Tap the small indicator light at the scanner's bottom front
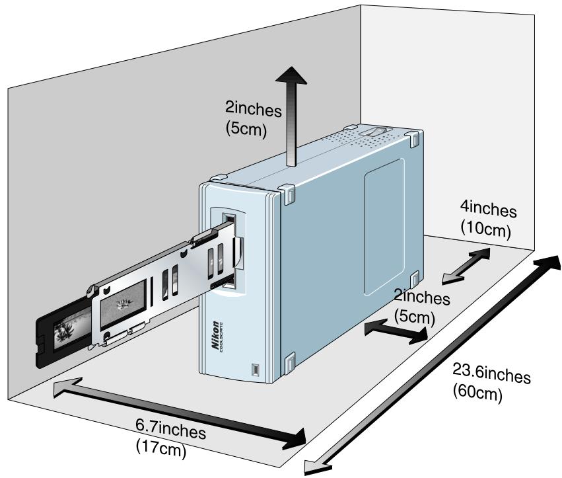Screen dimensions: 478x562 (x=254, y=369)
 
